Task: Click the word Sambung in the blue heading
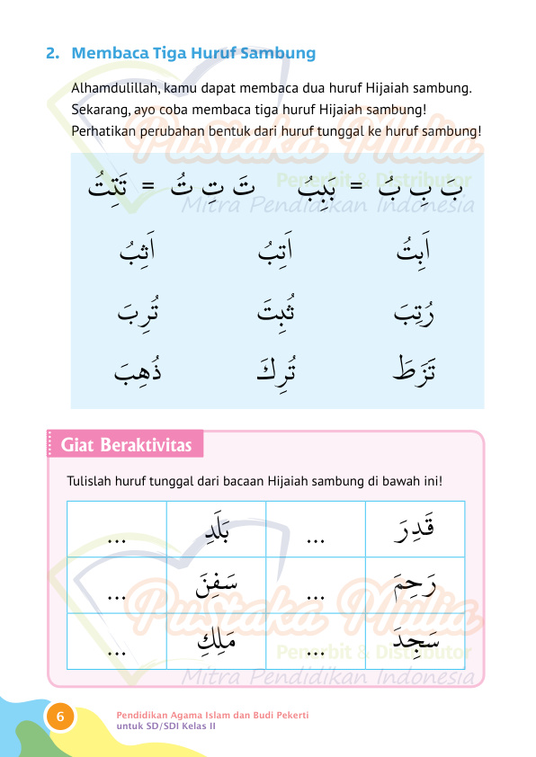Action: (x=279, y=53)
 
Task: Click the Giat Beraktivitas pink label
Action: (x=124, y=445)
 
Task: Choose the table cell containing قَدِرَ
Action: (x=415, y=529)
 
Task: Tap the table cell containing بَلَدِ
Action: (x=216, y=529)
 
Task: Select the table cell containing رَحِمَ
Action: (x=415, y=585)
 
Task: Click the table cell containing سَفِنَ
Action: (x=216, y=585)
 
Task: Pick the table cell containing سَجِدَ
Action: (x=415, y=642)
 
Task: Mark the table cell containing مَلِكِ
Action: (x=216, y=642)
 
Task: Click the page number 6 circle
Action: (x=60, y=717)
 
